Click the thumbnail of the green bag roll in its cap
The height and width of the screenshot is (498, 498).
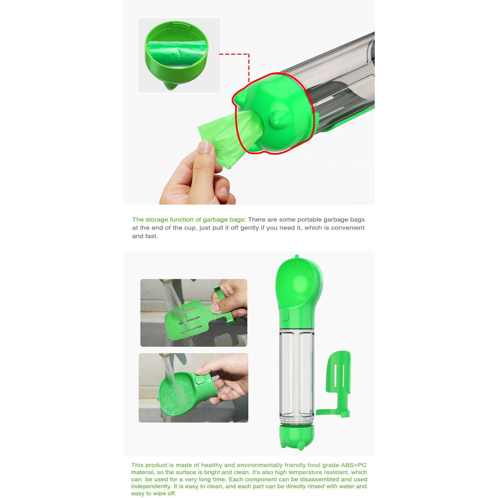tap(179, 55)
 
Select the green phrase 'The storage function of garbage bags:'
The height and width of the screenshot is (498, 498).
tap(189, 219)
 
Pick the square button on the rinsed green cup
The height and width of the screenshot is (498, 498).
tap(199, 380)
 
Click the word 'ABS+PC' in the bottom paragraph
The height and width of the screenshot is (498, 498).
tap(354, 465)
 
